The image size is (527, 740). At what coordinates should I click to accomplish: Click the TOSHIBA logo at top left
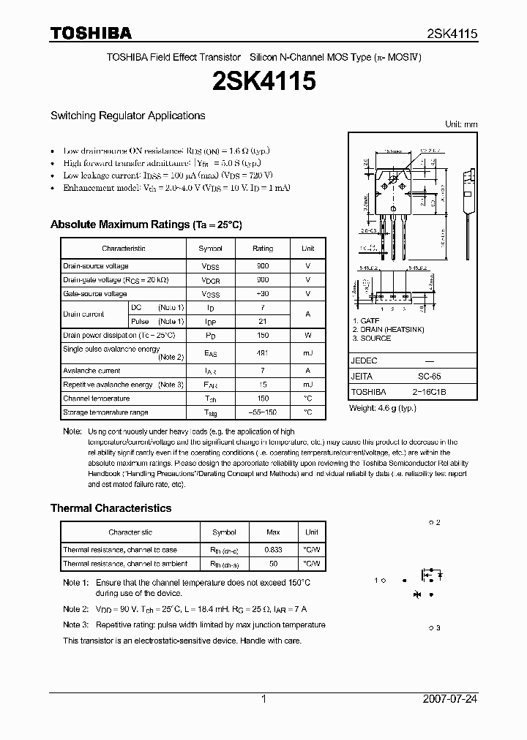[91, 33]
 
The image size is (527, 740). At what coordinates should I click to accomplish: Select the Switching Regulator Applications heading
[127, 116]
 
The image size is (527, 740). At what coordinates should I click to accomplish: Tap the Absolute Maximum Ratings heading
[146, 224]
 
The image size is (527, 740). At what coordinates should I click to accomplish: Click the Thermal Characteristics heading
[111, 507]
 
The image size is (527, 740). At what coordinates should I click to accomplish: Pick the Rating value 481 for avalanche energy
[262, 353]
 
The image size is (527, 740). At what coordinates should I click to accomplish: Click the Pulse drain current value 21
[262, 321]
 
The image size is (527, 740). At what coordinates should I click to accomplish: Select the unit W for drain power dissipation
[307, 335]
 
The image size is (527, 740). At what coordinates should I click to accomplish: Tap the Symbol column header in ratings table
[211, 249]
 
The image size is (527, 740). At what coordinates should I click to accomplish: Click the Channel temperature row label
[96, 399]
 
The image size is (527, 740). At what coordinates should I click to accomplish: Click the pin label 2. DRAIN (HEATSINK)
[387, 330]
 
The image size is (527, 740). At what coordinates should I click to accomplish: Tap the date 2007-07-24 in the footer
[450, 699]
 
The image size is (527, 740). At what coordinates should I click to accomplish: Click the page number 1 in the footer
[263, 699]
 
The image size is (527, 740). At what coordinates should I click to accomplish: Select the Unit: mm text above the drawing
[461, 124]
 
